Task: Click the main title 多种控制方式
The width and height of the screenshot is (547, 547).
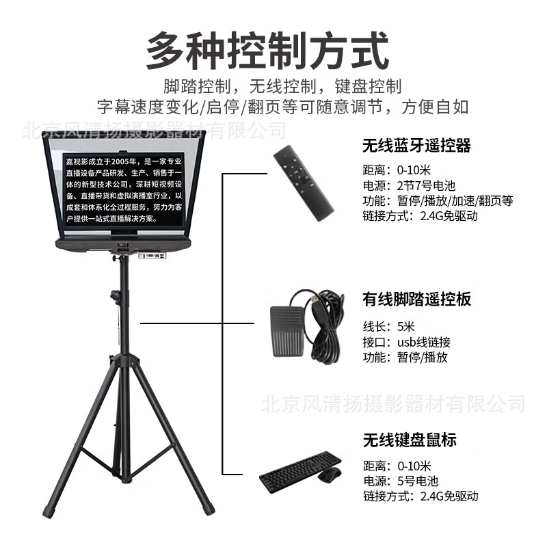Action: [267, 51]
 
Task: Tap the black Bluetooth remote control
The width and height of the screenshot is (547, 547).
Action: [304, 183]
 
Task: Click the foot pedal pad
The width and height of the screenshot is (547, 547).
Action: [289, 331]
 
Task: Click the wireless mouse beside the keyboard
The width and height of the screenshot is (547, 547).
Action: [330, 475]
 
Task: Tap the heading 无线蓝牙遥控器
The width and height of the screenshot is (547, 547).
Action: [416, 146]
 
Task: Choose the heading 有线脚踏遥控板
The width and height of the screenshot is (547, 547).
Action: [416, 299]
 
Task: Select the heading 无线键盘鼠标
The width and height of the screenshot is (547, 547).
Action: [410, 440]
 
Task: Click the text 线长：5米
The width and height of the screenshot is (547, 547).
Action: [388, 327]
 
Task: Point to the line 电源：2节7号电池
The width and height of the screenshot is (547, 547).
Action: [409, 185]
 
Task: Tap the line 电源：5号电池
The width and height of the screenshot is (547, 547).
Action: [401, 481]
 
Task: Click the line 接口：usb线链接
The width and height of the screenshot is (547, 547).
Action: [407, 343]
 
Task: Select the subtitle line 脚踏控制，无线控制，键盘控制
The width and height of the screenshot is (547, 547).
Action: [282, 87]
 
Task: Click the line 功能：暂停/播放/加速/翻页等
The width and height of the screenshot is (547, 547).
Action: [438, 201]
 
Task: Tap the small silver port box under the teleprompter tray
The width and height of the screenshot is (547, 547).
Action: [152, 256]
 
